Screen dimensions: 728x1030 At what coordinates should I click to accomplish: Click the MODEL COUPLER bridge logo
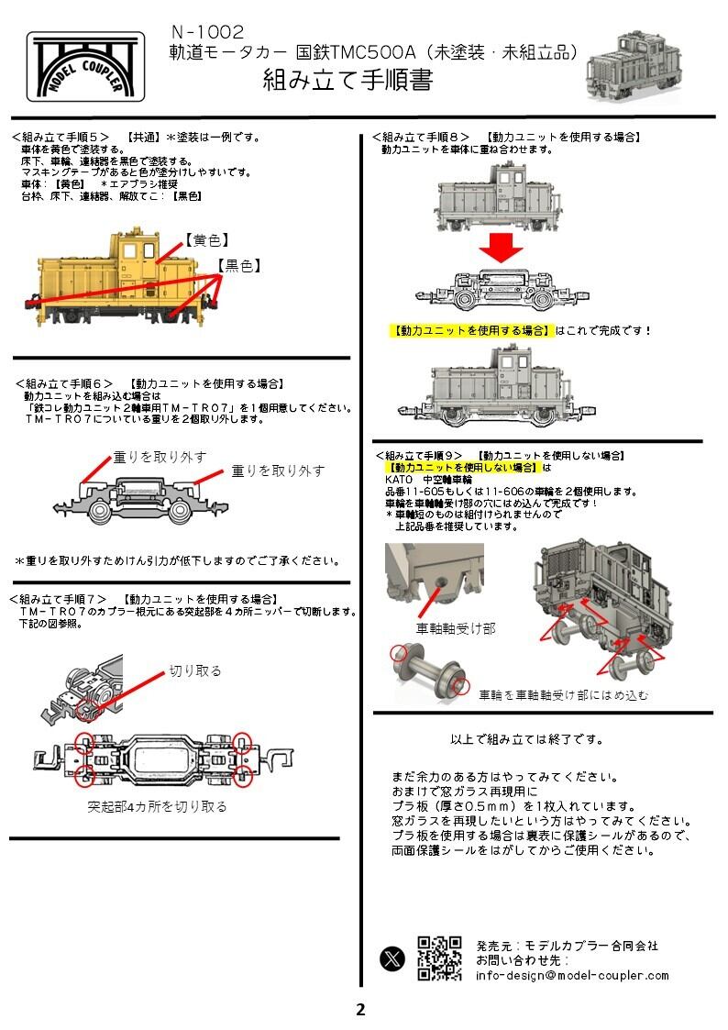87,69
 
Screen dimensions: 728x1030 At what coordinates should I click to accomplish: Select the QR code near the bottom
439,958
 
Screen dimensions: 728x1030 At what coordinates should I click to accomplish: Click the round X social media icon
392,958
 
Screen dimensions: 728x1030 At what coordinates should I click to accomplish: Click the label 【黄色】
206,241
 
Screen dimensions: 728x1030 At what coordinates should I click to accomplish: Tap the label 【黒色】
239,266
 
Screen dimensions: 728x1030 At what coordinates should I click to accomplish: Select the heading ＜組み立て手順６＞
64,383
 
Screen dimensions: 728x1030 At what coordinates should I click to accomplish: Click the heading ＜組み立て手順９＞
423,455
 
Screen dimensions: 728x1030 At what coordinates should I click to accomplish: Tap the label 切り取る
195,670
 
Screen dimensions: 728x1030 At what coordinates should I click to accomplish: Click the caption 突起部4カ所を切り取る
157,807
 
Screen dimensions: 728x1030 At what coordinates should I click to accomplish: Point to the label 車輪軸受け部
456,628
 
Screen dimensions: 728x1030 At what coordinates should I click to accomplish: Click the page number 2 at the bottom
360,1010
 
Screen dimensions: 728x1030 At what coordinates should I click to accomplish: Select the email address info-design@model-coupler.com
572,975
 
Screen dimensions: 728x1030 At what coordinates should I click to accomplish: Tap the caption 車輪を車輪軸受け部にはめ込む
564,696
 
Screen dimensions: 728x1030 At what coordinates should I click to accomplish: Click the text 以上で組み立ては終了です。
527,738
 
